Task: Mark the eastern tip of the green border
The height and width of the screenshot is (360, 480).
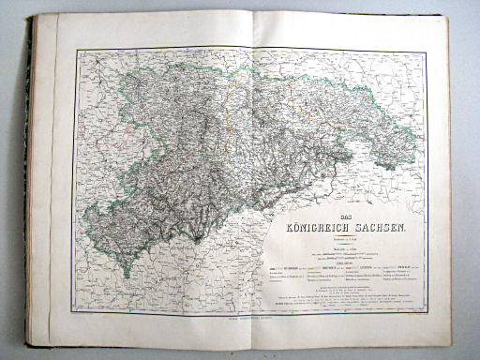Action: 416,141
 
